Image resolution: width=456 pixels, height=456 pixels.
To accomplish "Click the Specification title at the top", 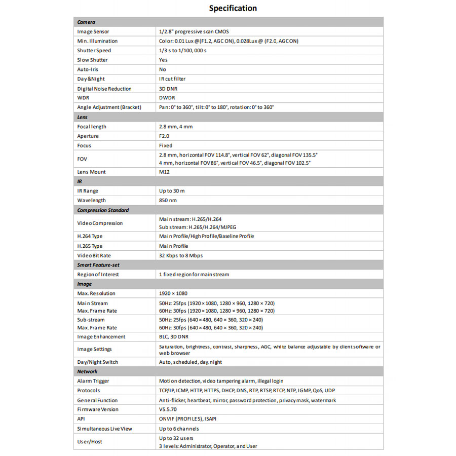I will pos(233,8).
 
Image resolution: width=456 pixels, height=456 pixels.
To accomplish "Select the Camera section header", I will pos(86,22).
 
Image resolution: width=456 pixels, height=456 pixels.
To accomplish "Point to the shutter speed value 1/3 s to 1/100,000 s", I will pos(182,51).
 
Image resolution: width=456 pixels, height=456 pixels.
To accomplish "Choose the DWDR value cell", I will pos(167,98).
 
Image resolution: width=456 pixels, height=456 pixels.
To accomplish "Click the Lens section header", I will pos(83,117).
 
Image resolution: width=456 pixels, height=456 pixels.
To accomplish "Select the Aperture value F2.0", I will pos(165,136).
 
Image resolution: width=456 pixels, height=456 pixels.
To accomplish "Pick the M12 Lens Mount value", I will pos(164,172).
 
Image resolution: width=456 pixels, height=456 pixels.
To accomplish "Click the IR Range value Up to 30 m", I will pos(172,191).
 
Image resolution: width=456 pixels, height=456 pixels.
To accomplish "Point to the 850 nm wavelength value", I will pos(168,201).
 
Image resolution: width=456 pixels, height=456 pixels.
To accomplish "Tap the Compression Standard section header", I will pos(103,210).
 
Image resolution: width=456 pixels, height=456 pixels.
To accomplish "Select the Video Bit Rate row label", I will pos(94,256).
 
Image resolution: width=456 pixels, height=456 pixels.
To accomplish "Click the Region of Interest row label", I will pos(98,275).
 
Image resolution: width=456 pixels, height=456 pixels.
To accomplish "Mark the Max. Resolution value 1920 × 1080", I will pos(173,293).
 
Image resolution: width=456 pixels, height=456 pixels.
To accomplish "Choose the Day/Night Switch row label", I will pos(97,362).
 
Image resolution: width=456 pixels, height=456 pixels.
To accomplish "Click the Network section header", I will pos(87,371).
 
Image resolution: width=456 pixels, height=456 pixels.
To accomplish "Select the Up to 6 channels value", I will pos(179,429).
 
